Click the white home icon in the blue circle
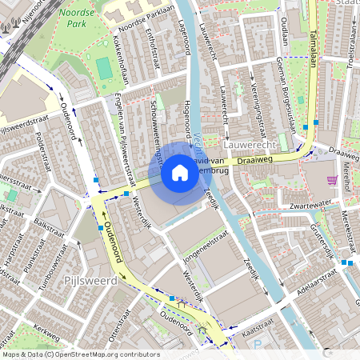pyautogui.click(x=180, y=172)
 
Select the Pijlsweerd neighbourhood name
pyautogui.click(x=90, y=281)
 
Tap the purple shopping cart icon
pyautogui.click(x=332, y=179)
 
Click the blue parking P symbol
pyautogui.click(x=257, y=345)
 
